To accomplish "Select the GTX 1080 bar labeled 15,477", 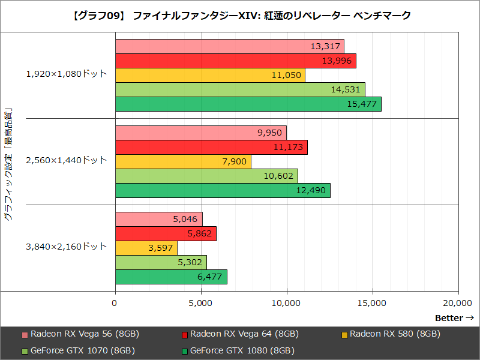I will tap(248, 104).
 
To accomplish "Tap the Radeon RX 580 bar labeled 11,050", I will tap(209, 76).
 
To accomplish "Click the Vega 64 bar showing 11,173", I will tap(211, 148).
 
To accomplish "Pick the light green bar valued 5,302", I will tap(160, 262).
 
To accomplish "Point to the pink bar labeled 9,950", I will tap(200, 133).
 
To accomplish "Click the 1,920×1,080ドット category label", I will tap(66, 74).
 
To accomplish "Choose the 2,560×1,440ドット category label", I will tap(66, 161).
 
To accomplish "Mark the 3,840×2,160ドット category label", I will tap(66, 247).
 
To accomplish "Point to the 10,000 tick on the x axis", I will tap(286, 304).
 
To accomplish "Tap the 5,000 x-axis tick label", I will tap(200, 304).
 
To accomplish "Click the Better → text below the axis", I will tap(454, 318).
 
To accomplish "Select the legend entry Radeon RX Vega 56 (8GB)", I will tap(84, 334).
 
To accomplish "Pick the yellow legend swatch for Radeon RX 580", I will tap(344, 335).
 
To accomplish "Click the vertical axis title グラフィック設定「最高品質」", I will tap(8, 166).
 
